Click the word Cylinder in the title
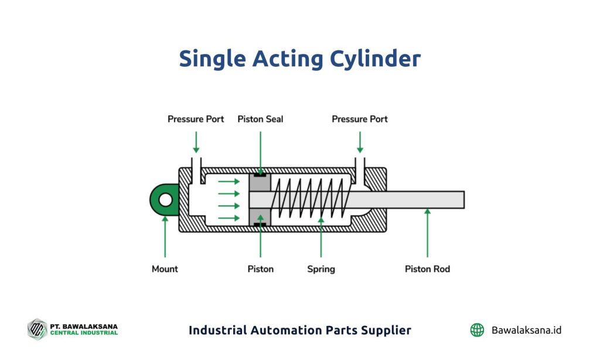376,59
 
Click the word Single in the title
212,59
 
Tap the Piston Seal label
260,119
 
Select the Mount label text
165,269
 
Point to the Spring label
321,269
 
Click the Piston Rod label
427,269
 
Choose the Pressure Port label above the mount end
196,119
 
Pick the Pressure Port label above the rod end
360,119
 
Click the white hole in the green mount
165,199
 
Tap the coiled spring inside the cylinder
310,198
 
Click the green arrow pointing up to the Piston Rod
427,232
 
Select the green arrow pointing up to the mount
165,236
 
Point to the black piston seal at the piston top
260,175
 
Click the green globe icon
477,330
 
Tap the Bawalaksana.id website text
526,330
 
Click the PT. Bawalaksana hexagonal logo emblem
37,330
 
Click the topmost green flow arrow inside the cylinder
229,181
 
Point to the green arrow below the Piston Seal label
260,153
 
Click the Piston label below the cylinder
260,269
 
